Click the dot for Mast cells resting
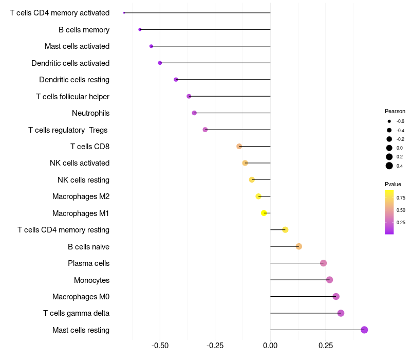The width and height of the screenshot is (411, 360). [364, 330]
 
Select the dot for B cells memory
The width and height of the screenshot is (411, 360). [140, 29]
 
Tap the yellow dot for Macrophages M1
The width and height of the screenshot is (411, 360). [264, 213]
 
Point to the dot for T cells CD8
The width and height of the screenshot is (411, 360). [239, 147]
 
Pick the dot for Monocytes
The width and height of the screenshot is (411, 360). [329, 280]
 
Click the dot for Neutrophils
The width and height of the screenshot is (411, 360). [194, 113]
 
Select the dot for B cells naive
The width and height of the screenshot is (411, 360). [298, 246]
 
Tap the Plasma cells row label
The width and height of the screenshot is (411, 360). [88, 263]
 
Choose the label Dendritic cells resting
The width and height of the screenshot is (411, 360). [74, 80]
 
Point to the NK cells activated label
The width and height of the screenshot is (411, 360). [80, 163]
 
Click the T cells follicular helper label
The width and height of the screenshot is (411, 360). [72, 96]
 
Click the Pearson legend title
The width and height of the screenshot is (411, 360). [395, 111]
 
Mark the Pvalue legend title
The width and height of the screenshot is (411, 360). [393, 184]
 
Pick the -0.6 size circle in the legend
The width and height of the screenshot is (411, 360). [389, 121]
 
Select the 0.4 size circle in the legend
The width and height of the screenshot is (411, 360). [389, 166]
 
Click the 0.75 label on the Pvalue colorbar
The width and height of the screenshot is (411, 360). [401, 197]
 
